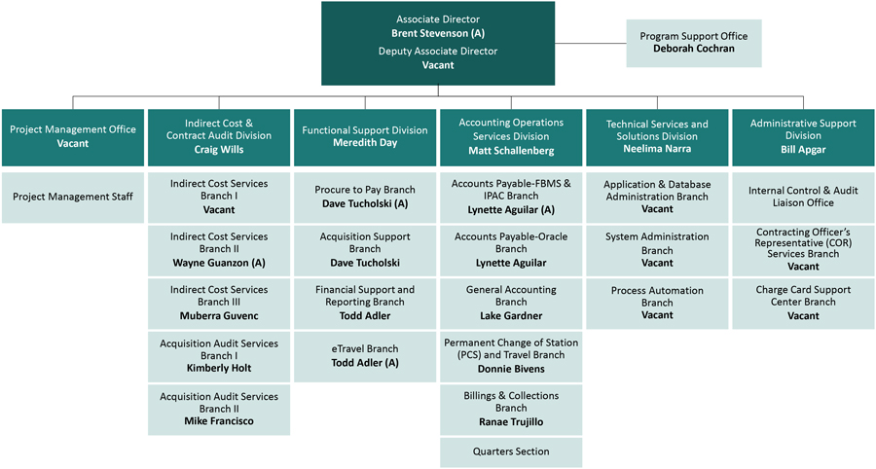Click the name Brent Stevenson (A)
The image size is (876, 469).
438,34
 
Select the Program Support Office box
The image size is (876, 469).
693,43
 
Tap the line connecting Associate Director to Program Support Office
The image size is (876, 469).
590,44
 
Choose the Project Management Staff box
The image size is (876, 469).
73,197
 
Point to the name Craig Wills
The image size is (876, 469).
219,150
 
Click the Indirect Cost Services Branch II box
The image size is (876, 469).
219,249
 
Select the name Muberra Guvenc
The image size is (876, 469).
219,316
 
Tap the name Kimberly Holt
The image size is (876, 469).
219,369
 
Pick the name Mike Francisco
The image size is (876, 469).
219,421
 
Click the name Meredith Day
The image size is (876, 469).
365,144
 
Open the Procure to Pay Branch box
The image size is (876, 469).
365,197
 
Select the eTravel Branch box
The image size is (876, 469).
365,355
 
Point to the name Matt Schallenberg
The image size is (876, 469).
511,151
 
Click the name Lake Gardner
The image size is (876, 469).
511,316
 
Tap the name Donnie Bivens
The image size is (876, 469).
511,370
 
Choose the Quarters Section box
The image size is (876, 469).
511,451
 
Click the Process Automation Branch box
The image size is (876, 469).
657,303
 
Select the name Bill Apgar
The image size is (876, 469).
803,151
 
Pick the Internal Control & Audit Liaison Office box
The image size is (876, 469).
803,197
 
